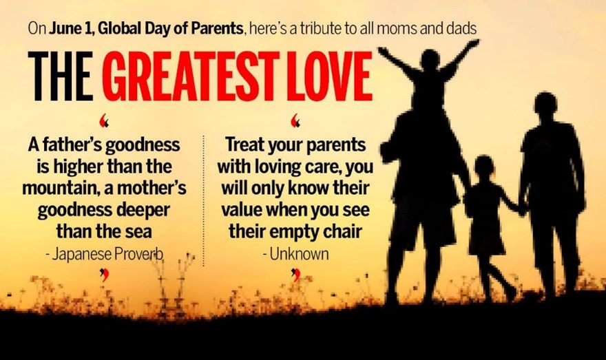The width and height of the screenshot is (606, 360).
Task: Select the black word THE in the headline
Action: (61, 76)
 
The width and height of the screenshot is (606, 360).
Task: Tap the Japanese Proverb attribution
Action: (105, 254)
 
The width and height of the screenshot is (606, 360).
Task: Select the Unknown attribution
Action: (295, 254)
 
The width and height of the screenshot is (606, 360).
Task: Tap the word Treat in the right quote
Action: (245, 145)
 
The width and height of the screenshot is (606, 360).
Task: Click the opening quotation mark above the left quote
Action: (103, 120)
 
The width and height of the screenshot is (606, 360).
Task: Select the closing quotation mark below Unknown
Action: (295, 275)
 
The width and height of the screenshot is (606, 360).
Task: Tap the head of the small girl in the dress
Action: (484, 167)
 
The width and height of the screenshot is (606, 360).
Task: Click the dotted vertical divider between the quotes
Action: (203, 201)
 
